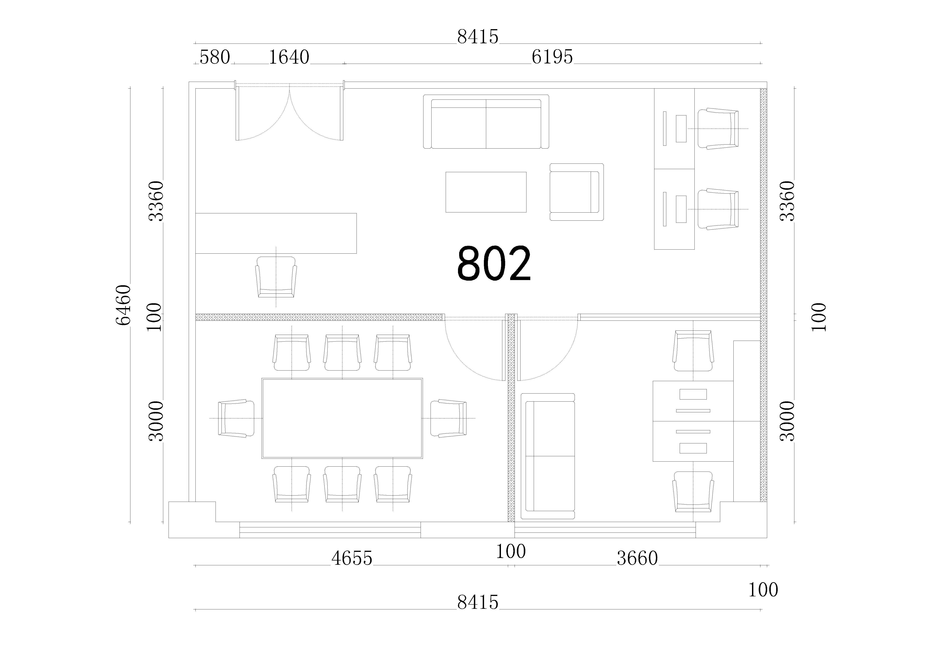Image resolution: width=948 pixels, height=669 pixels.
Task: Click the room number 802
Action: coord(494,264)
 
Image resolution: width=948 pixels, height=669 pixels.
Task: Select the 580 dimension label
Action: coord(215,57)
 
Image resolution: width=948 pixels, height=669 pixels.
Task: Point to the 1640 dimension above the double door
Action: coord(289,57)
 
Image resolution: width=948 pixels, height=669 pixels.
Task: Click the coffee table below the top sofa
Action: coord(486,192)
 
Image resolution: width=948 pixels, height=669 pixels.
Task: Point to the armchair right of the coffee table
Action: coord(577,192)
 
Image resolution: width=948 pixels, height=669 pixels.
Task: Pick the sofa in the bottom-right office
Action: coord(548,456)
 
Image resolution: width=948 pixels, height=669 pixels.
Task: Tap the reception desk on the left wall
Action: coord(276,233)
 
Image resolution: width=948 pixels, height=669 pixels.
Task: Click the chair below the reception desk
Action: coord(276,277)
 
